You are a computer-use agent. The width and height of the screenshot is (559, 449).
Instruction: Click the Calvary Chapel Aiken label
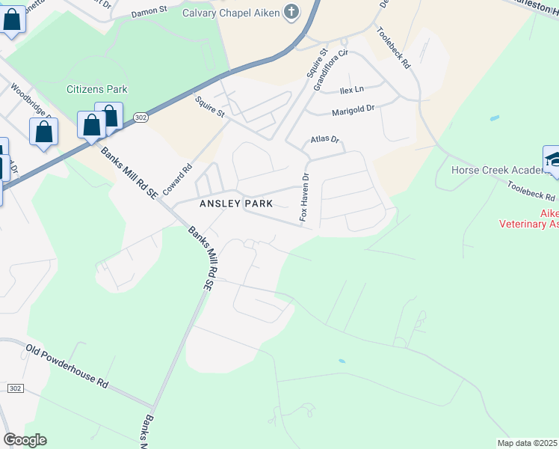coord(226,12)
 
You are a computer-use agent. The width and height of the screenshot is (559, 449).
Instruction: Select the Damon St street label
coord(151,13)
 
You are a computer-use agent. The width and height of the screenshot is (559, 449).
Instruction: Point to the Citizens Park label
coord(97,89)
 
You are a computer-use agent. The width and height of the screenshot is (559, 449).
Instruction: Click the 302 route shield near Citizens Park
coord(141,117)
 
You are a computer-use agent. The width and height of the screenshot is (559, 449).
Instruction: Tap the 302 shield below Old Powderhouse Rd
coord(16,388)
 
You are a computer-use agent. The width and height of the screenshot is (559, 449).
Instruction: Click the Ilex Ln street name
coord(350,90)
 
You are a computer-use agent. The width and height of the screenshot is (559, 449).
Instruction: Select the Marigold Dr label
coord(353,110)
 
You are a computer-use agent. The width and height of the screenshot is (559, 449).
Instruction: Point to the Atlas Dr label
coord(324,140)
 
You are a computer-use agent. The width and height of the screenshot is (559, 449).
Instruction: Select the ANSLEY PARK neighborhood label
coord(235,204)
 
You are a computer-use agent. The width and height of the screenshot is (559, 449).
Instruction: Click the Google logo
coord(25,440)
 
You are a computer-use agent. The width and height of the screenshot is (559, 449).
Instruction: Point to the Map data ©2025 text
coord(527,443)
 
